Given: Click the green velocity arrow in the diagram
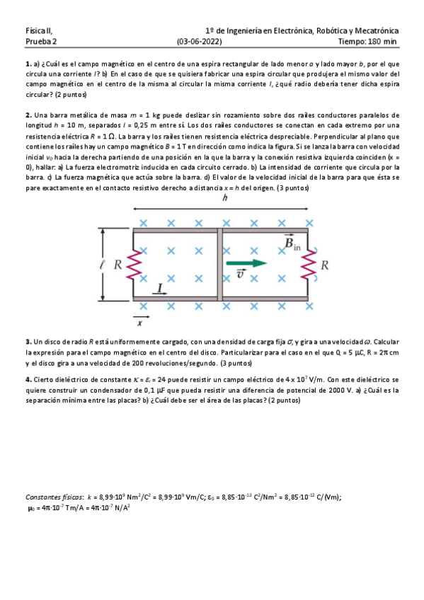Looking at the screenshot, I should (246, 263).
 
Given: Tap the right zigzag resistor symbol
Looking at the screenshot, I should (309, 265).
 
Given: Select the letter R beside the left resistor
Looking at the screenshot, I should (118, 266).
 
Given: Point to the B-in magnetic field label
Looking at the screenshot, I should (292, 244).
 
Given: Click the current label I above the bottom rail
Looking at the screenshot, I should (161, 288).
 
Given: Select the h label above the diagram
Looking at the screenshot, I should (224, 199).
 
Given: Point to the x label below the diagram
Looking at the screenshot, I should (139, 323).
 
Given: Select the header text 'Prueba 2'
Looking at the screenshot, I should (40, 42).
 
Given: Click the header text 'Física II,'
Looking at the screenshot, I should (39, 31).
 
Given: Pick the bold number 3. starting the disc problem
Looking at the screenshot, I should (28, 341).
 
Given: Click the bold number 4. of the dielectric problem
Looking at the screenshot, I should (28, 379).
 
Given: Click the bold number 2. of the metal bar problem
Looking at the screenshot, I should (28, 115).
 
